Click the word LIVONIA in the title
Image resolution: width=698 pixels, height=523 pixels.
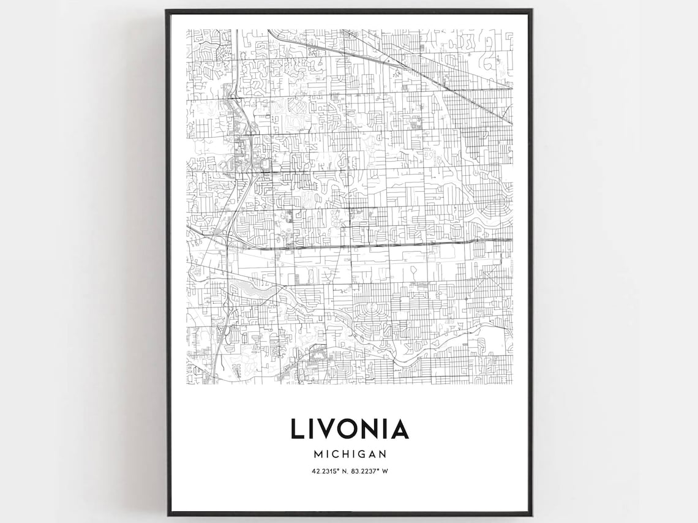pyautogui.click(x=349, y=428)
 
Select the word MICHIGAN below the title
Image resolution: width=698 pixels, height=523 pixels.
pyautogui.click(x=349, y=454)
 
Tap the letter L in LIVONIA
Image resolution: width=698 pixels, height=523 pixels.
pyautogui.click(x=297, y=428)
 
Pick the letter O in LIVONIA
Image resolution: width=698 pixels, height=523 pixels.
pyautogui.click(x=351, y=428)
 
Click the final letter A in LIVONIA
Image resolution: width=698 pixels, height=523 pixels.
pyautogui.click(x=399, y=428)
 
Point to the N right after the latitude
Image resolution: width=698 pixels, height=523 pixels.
pyautogui.click(x=344, y=471)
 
